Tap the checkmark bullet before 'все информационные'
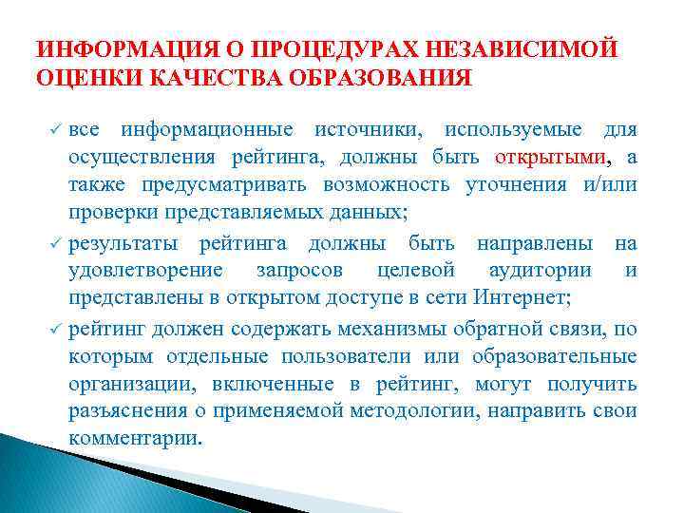(x=55, y=129)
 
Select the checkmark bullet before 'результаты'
(x=55, y=245)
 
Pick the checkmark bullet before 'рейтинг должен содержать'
(x=55, y=330)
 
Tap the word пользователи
(x=353, y=356)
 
